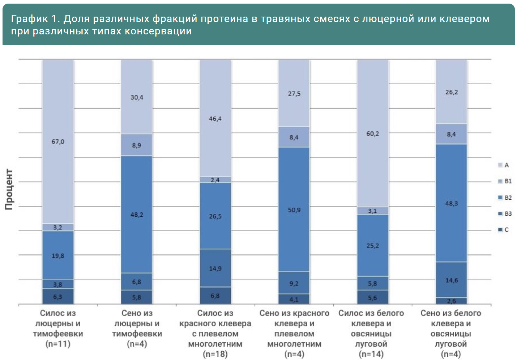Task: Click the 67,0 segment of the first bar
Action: click(58, 141)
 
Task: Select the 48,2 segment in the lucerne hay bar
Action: click(137, 215)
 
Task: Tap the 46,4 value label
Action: click(215, 119)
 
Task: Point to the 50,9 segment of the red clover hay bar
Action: click(294, 210)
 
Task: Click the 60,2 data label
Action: click(372, 134)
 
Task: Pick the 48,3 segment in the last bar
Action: click(451, 203)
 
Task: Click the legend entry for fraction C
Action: click(506, 230)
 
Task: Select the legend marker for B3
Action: click(500, 214)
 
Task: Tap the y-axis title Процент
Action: click(9, 189)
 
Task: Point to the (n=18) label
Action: click(215, 354)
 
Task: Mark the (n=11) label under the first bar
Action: click(58, 344)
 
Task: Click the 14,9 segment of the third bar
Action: click(215, 268)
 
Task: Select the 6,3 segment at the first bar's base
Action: click(58, 297)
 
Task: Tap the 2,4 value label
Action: click(215, 180)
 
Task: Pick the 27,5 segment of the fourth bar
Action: click(294, 94)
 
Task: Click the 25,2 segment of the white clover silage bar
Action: click(372, 246)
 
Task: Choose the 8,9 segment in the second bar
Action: click(137, 145)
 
